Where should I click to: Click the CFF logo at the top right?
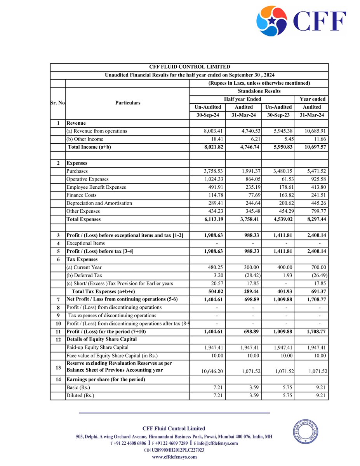tap(301, 21)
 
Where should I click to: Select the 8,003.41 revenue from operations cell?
tap(210, 131)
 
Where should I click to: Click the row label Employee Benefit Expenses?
tap(96, 187)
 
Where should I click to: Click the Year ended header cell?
tap(312, 99)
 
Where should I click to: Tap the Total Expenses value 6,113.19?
tap(210, 219)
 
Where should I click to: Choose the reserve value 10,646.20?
tap(210, 371)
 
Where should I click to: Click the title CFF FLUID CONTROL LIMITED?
tap(190, 67)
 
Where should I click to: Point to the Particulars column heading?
tap(127, 103)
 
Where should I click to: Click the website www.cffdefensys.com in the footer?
tap(174, 457)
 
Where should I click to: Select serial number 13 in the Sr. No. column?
tap(57, 367)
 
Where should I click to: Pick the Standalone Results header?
tap(259, 91)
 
